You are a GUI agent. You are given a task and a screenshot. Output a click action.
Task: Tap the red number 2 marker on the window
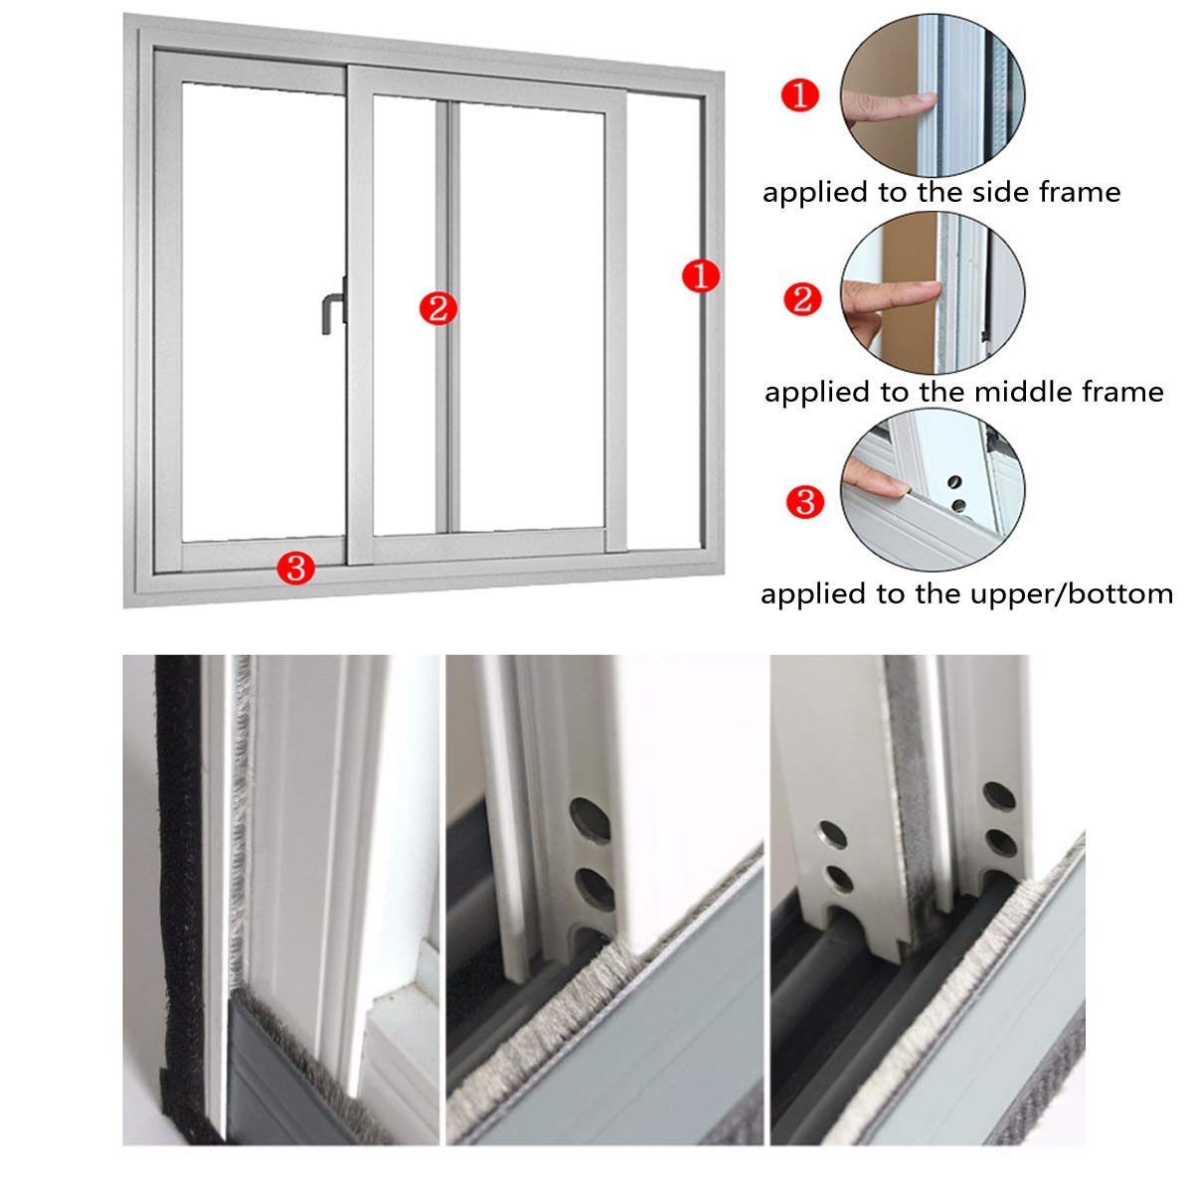437,308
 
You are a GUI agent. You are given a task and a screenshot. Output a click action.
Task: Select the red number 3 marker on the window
296,569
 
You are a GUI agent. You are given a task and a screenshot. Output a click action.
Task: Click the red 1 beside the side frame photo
800,97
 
